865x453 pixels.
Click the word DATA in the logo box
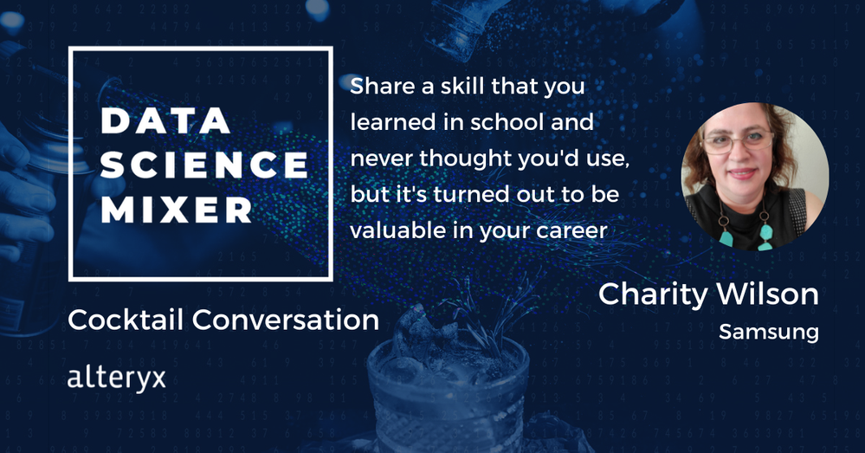[x=166, y=121]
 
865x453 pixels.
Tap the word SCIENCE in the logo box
[x=204, y=165]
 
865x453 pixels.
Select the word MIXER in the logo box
[x=177, y=210]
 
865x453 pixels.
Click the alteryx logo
[x=116, y=379]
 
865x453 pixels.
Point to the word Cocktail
[x=126, y=320]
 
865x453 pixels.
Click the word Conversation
[x=286, y=320]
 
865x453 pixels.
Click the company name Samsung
[x=769, y=332]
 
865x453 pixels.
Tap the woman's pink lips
[x=742, y=173]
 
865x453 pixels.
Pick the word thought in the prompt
[x=466, y=159]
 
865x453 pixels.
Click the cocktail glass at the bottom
[x=448, y=392]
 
